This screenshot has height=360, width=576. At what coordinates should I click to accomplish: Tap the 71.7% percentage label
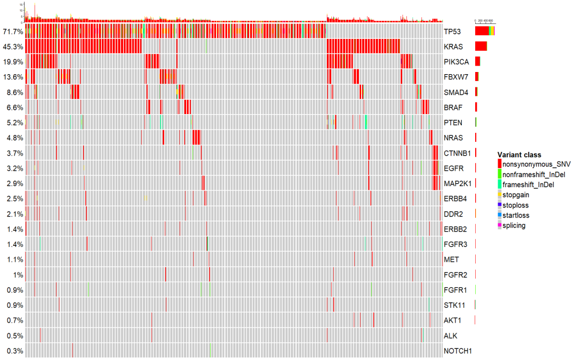(12, 31)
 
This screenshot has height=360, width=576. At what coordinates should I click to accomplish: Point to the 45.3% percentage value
(12, 47)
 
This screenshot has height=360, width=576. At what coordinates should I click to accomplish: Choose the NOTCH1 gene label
(458, 351)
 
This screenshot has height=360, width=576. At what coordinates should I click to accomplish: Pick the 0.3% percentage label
(14, 351)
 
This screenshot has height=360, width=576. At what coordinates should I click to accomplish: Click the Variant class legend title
(519, 155)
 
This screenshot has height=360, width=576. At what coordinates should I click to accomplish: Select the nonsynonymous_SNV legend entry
(533, 164)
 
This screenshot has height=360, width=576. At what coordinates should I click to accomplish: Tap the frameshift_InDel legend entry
(528, 185)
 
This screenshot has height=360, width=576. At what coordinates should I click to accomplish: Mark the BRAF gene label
(453, 108)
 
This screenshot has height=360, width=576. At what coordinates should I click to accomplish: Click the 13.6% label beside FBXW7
(12, 77)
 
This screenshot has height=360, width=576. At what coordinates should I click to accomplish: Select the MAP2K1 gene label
(457, 183)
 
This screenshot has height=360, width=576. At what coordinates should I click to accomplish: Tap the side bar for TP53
(484, 31)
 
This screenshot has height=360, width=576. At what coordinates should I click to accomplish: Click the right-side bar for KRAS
(481, 46)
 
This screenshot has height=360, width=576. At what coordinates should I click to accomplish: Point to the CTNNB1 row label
(458, 154)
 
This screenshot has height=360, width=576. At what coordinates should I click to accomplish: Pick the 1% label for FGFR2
(18, 275)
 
